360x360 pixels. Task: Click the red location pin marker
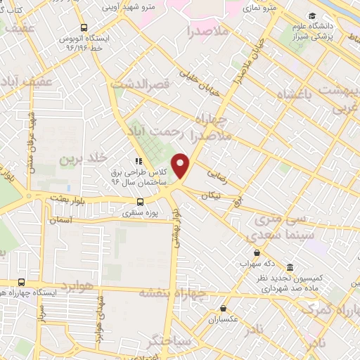(x=181, y=166)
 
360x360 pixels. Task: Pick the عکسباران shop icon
(x=223, y=307)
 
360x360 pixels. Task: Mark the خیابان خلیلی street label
(x=198, y=79)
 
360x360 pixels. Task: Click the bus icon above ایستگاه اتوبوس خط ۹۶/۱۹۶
(x=84, y=27)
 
